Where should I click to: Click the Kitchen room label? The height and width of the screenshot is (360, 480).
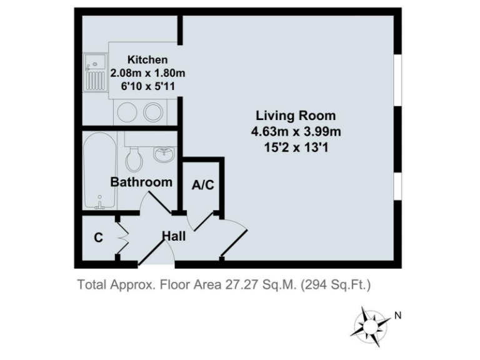pos(147,60)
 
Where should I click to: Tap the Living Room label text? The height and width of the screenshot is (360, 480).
pos(296,116)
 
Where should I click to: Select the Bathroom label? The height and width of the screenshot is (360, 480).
pos(141,182)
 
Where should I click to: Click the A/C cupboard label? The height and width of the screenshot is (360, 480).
pos(203,185)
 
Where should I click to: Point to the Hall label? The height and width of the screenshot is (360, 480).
pos(174,236)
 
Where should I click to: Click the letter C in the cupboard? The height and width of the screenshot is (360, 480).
pos(98,237)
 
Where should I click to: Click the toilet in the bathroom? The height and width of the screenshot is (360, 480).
pos(133,159)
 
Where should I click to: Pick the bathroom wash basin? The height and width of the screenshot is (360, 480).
pos(164,153)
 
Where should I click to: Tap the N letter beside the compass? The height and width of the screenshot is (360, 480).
pos(398,316)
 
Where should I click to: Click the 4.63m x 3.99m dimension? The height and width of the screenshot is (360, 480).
pos(296,131)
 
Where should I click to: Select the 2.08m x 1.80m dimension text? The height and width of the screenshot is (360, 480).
pos(147,73)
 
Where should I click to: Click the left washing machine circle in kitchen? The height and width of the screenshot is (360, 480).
pos(124,112)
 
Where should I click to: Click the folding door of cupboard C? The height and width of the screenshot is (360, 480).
pos(122,237)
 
